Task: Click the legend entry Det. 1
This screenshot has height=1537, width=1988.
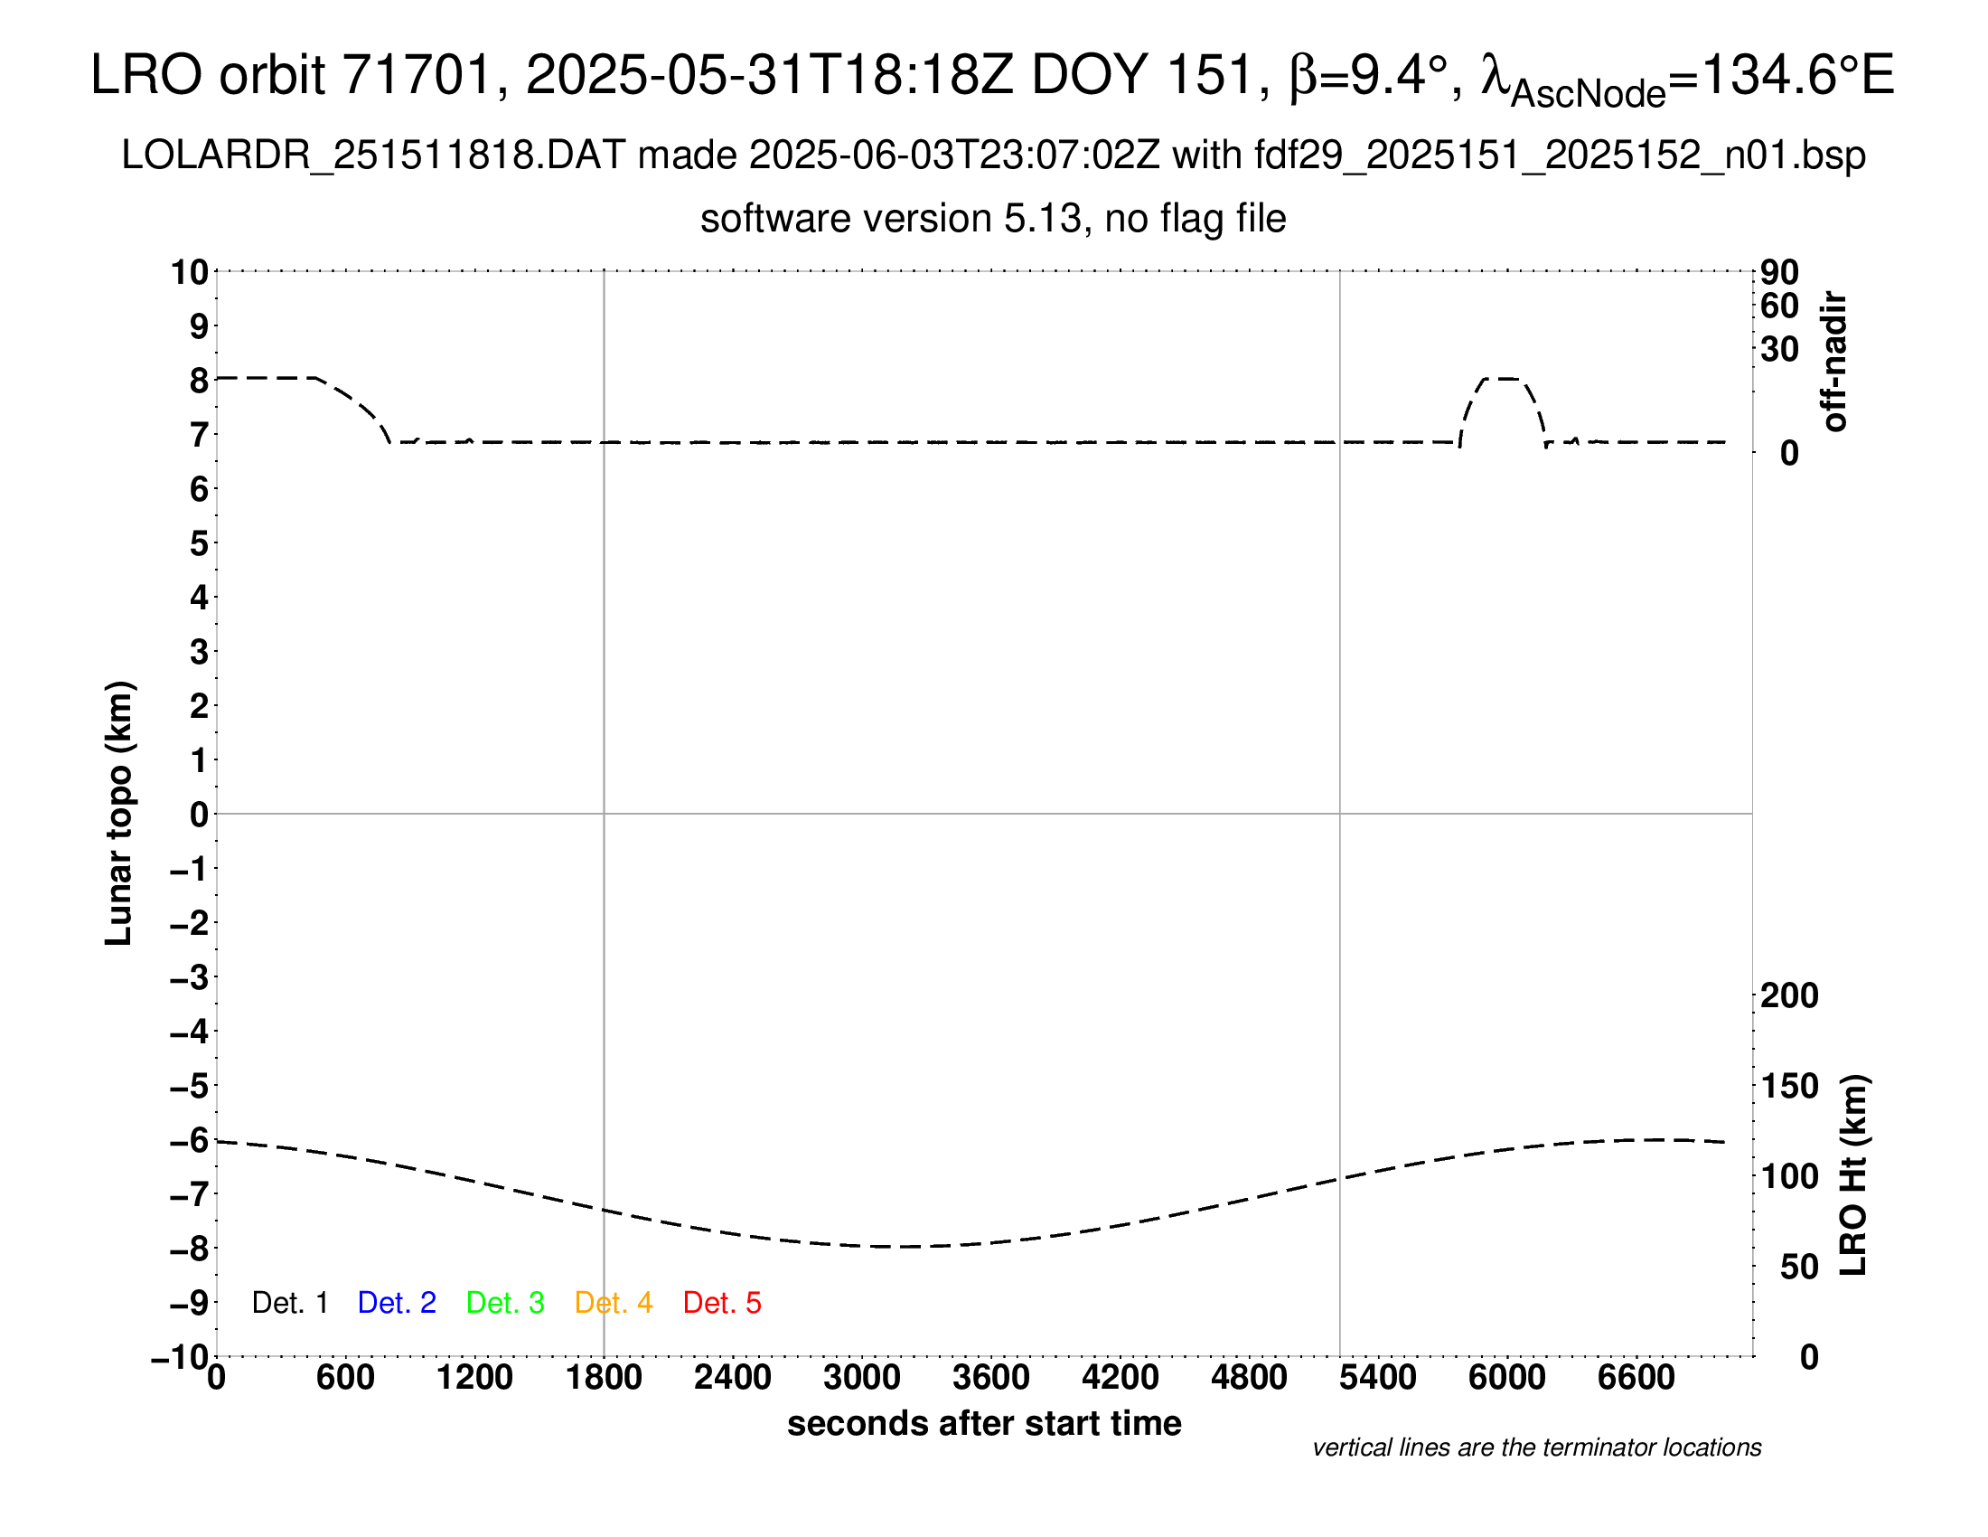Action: point(289,1303)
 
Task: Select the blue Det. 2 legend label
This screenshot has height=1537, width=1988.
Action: point(397,1303)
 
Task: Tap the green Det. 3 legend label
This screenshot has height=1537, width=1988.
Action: point(505,1303)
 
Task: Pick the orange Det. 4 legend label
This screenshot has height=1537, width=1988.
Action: point(614,1303)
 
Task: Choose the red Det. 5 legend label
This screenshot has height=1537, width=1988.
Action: point(722,1303)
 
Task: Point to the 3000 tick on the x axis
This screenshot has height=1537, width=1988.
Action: point(862,1378)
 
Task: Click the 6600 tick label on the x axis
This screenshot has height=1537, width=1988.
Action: point(1636,1378)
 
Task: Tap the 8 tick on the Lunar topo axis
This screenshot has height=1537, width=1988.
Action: point(199,381)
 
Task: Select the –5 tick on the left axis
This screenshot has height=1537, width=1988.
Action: point(190,1086)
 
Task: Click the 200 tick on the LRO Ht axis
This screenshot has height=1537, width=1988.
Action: point(1789,995)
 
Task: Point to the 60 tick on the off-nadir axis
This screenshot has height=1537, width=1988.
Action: point(1779,306)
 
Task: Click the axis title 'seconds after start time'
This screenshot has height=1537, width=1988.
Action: point(984,1423)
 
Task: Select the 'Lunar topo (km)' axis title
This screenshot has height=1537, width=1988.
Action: point(119,813)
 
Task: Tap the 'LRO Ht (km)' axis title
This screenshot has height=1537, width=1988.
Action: point(1853,1175)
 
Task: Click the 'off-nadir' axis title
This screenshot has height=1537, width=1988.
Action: point(1835,362)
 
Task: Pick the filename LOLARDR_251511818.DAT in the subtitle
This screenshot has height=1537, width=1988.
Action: point(373,156)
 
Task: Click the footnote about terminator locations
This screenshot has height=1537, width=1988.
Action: point(1536,1447)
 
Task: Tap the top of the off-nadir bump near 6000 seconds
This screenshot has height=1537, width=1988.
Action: point(1502,378)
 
